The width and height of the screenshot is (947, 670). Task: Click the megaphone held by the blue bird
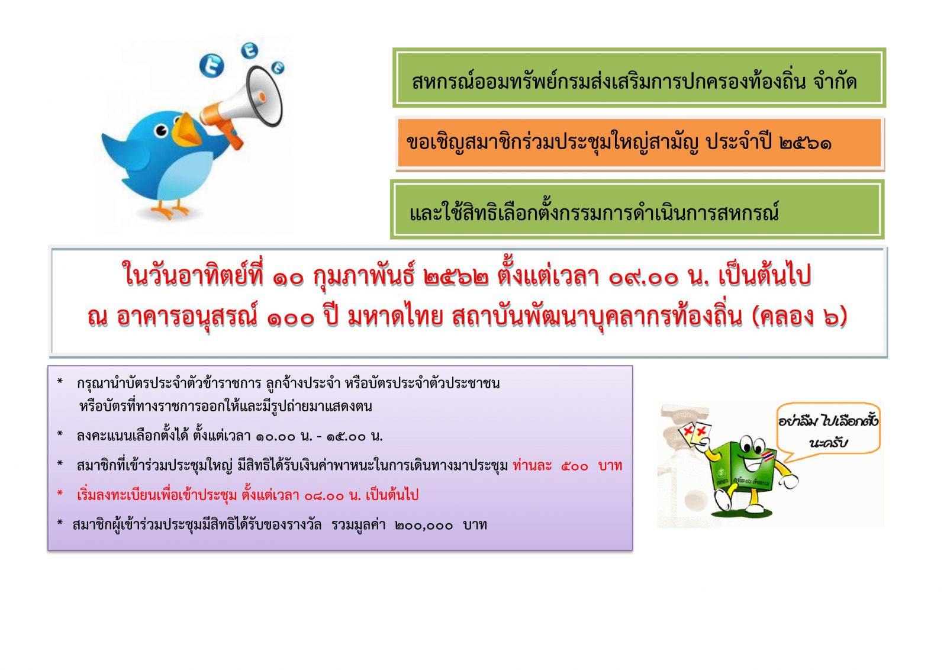pyautogui.click(x=243, y=104)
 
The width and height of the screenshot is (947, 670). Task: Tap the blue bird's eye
pyautogui.click(x=162, y=131)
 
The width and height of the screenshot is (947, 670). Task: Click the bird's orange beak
pyautogui.click(x=187, y=130)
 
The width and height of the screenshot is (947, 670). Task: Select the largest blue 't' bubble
pyautogui.click(x=211, y=66)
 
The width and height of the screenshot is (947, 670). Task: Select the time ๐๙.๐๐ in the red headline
pyautogui.click(x=643, y=278)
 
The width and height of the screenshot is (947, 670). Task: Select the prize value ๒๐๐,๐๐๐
pyautogui.click(x=424, y=526)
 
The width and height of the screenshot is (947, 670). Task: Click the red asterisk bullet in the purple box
pyautogui.click(x=60, y=494)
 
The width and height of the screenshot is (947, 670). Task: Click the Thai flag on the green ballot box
pyautogui.click(x=767, y=456)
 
